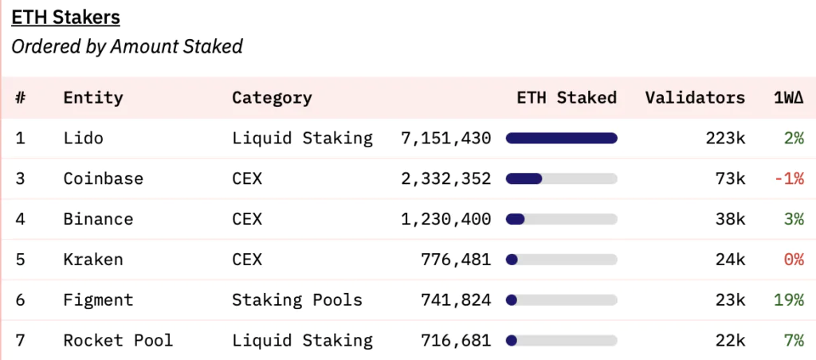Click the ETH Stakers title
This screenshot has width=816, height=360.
click(x=65, y=18)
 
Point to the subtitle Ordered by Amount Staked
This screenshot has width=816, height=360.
click(x=127, y=47)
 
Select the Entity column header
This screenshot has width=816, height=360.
click(x=93, y=98)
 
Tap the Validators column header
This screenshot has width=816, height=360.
click(x=695, y=97)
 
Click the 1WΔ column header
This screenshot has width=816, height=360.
click(x=789, y=97)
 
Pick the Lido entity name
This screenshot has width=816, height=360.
click(x=83, y=138)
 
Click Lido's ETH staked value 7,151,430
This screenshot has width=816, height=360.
click(x=446, y=139)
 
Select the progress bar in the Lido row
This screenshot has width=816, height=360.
click(x=562, y=138)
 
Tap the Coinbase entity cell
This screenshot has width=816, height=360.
click(x=103, y=178)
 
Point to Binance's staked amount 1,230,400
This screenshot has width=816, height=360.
click(x=446, y=220)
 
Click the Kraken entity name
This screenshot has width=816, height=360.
click(x=93, y=259)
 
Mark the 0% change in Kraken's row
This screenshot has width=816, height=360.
click(x=794, y=260)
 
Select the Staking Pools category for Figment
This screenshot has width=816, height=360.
click(x=297, y=300)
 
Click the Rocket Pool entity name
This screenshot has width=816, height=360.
click(x=118, y=341)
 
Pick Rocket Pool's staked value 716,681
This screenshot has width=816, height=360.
click(x=456, y=341)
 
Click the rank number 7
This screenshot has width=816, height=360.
click(x=20, y=341)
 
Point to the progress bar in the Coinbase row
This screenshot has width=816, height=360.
click(x=562, y=178)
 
